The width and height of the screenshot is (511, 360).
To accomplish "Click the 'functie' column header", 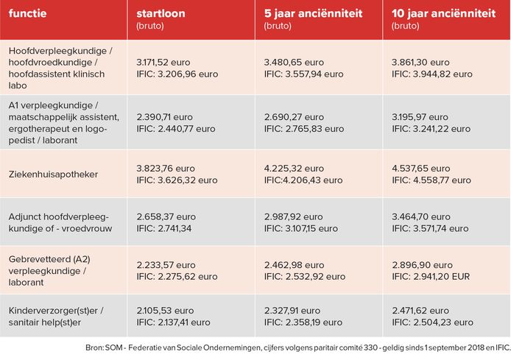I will (27, 13).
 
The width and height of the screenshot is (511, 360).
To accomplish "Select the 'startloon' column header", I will (161, 13).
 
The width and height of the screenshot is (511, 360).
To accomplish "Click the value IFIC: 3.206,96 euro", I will (177, 74).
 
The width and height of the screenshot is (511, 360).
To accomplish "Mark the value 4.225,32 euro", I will (294, 167).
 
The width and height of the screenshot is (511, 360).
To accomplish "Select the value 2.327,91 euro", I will (294, 311).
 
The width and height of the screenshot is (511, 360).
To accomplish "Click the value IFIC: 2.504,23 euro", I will (431, 322).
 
